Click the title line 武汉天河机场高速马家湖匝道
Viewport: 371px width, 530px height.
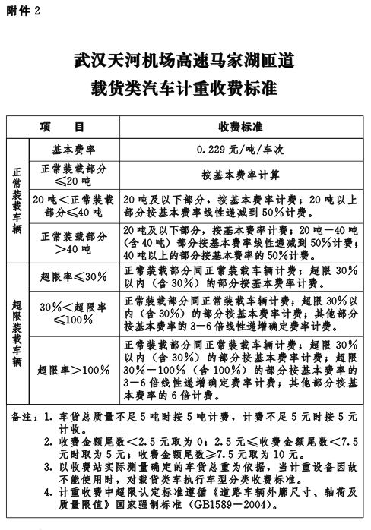point(185,58)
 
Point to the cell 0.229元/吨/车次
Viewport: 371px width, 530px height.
point(240,149)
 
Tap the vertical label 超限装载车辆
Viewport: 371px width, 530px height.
point(17,333)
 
